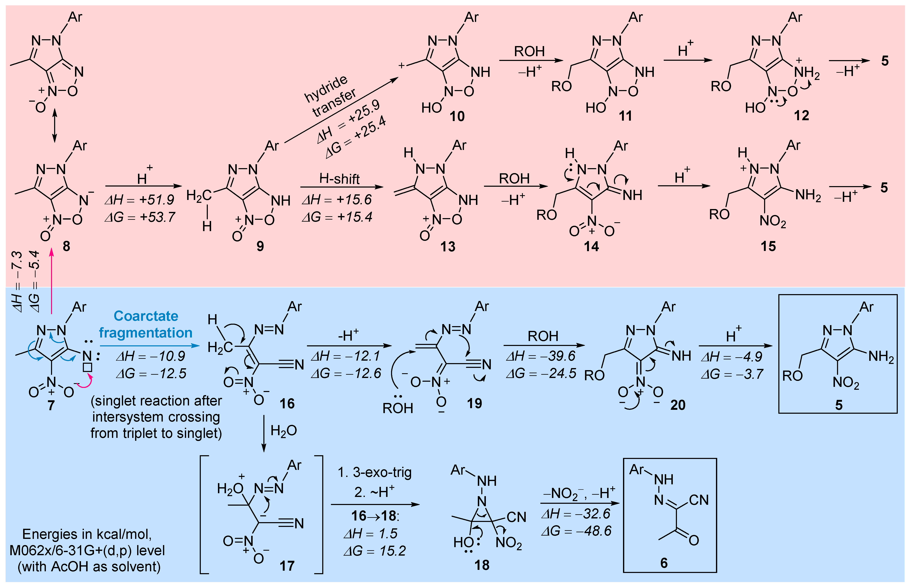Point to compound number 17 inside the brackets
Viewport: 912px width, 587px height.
[x=287, y=566]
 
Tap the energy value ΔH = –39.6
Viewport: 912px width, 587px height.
[x=541, y=356]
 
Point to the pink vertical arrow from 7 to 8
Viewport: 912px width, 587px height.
[x=51, y=282]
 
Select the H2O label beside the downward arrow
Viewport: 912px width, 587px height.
[x=284, y=431]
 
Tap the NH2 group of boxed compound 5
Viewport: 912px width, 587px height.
[x=881, y=357]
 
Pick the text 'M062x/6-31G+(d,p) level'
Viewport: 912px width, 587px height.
[x=87, y=550]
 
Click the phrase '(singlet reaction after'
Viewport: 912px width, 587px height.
[x=156, y=401]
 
